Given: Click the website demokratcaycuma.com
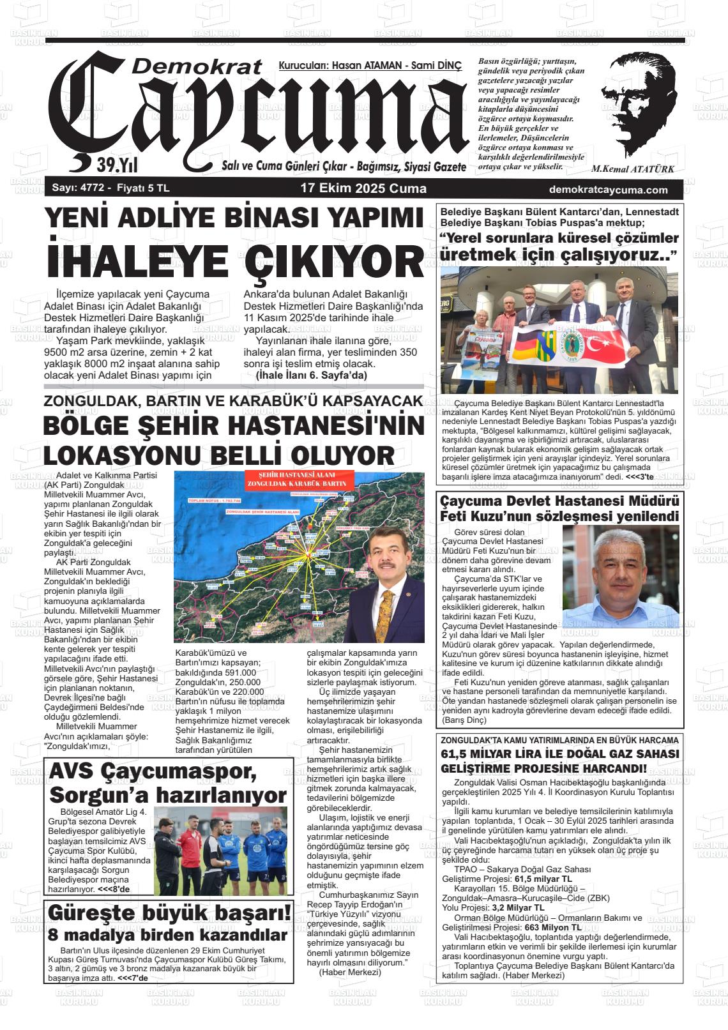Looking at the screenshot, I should (608, 190).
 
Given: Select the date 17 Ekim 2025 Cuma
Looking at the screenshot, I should (363, 189).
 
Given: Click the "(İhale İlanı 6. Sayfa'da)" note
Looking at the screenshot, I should (311, 375).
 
